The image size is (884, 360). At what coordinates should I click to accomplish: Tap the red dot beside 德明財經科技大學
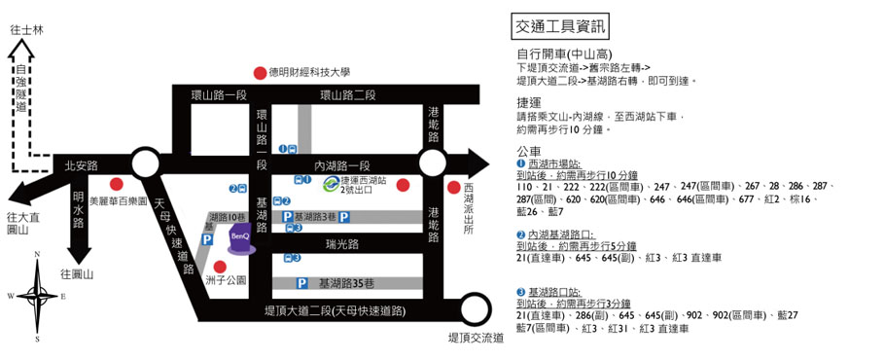pyautogui.click(x=260, y=73)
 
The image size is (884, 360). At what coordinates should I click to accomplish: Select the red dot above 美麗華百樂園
pyautogui.click(x=117, y=184)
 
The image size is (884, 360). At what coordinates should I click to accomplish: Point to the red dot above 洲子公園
pyautogui.click(x=220, y=267)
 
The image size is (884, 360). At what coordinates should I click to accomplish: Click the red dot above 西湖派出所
pyautogui.click(x=454, y=187)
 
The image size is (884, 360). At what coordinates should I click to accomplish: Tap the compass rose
pyautogui.click(x=37, y=296)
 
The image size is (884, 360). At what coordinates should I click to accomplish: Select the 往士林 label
pyautogui.click(x=26, y=30)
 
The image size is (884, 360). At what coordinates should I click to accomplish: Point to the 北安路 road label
pyautogui.click(x=81, y=166)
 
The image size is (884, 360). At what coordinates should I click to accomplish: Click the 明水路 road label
pyautogui.click(x=79, y=209)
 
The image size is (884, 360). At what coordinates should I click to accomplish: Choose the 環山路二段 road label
pyautogui.click(x=348, y=94)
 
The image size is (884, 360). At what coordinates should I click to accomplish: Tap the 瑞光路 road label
pyautogui.click(x=342, y=244)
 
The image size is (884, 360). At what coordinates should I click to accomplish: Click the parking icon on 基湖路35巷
pyautogui.click(x=302, y=283)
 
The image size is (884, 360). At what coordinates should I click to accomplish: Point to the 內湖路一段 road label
pyautogui.click(x=341, y=165)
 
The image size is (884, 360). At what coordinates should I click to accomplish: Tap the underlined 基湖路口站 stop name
pyautogui.click(x=552, y=292)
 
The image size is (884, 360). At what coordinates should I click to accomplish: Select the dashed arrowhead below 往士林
pyautogui.click(x=21, y=52)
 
